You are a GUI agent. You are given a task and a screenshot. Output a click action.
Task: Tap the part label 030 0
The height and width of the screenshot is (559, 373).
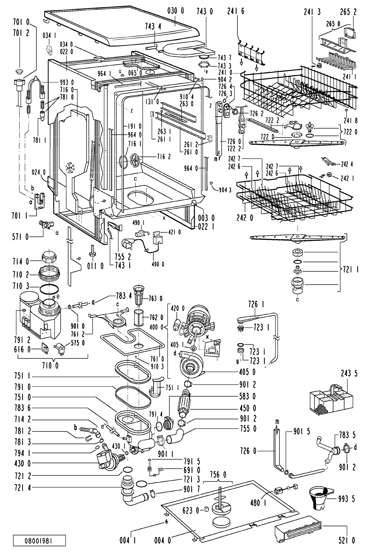point(175,12)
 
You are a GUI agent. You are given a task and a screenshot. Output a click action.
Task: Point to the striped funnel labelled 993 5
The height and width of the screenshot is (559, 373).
point(321,498)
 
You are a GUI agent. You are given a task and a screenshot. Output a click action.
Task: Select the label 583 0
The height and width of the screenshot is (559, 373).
point(249,396)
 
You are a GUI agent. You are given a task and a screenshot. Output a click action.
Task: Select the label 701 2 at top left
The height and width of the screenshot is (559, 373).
point(22,33)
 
